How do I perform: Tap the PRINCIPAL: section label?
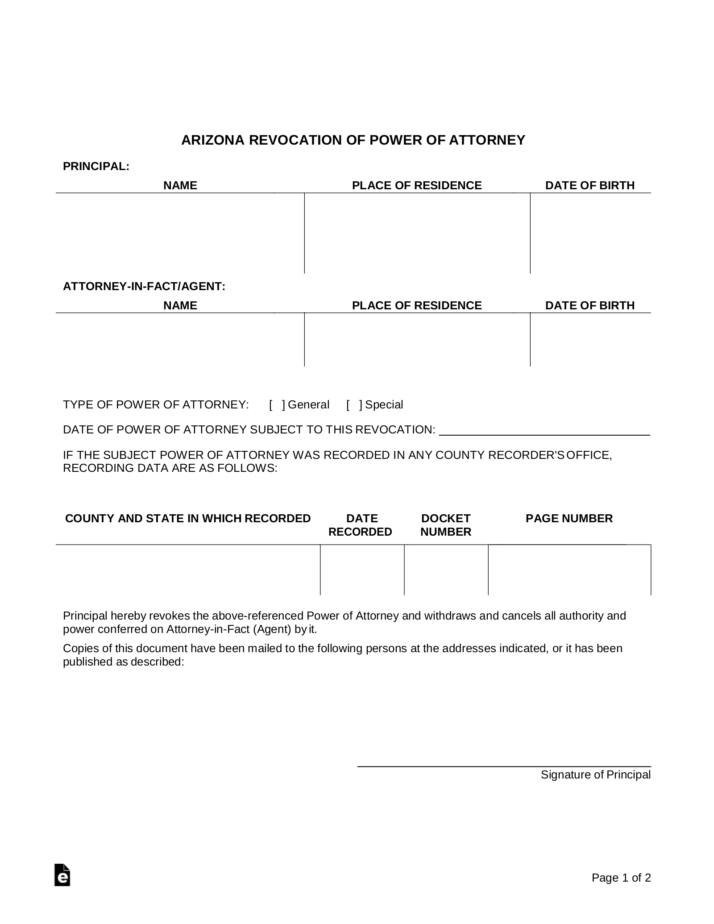click(96, 166)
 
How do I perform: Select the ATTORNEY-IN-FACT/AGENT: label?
click(144, 287)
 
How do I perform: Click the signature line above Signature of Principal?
click(504, 766)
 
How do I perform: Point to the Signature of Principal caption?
click(595, 774)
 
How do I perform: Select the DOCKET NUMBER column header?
click(446, 525)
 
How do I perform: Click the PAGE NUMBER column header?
click(569, 519)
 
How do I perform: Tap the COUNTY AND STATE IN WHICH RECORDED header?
click(188, 519)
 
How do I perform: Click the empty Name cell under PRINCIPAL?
click(180, 233)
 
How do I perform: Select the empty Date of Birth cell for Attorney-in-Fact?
click(590, 340)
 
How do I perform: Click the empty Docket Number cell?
click(446, 570)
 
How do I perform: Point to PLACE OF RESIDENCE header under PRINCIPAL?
click(417, 186)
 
